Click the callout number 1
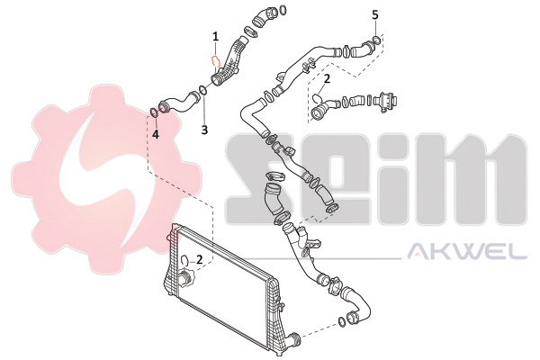tap(216, 37)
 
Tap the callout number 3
tap(204, 130)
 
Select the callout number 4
tap(156, 134)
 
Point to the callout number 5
tap(375, 14)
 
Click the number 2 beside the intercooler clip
tap(199, 259)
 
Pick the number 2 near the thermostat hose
tap(327, 79)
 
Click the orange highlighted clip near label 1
tap(215, 62)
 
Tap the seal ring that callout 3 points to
tap(202, 91)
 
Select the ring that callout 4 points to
tap(154, 112)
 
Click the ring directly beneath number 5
tap(377, 40)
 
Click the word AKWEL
tap(467, 251)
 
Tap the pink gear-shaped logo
tap(105, 179)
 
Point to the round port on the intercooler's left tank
tap(184, 276)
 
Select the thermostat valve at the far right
tap(386, 102)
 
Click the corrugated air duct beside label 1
tap(229, 63)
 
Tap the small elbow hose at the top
tap(264, 17)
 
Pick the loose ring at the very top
tap(283, 10)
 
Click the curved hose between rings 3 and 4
tap(180, 103)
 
